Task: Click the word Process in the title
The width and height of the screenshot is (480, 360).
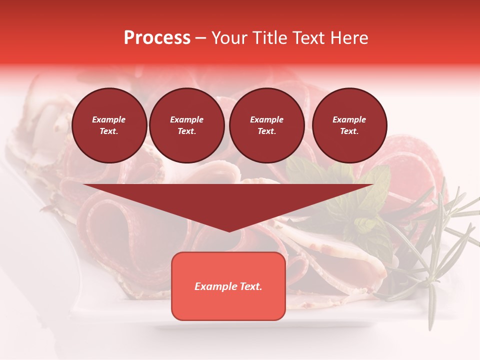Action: point(157,38)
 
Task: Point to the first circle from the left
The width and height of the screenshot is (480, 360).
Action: point(109,125)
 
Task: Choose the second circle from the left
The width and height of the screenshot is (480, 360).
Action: point(187,125)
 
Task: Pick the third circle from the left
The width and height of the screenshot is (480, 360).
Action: point(267,125)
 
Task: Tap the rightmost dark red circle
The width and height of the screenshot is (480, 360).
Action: point(349,125)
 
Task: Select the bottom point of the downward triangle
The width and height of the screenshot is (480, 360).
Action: point(229,231)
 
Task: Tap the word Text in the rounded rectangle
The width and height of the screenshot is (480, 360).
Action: point(251,286)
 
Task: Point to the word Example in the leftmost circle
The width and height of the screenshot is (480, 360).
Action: point(109,119)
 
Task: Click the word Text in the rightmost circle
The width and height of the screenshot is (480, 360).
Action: point(349,131)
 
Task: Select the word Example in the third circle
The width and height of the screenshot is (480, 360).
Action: point(267,119)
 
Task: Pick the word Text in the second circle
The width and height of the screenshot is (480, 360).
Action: point(187,131)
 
